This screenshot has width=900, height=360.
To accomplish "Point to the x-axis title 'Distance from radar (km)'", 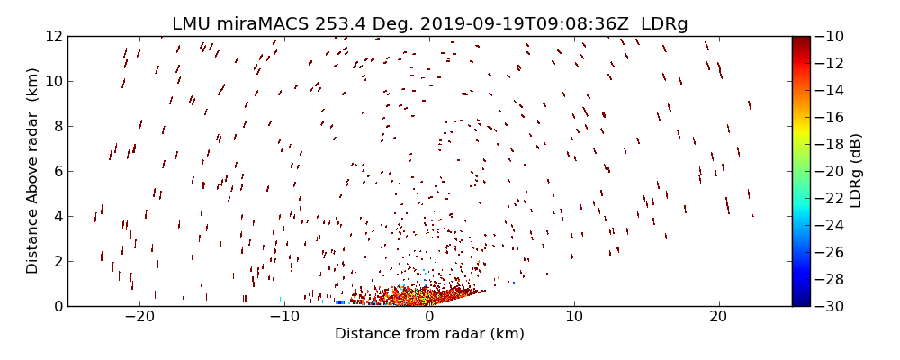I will tap(429, 334).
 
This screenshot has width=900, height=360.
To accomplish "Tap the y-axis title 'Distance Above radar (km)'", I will tap(33, 171).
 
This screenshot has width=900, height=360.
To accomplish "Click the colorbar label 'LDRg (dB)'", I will tap(856, 171).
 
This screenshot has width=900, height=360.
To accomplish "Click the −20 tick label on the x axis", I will tap(139, 317).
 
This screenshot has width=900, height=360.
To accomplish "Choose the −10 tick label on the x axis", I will tap(284, 317).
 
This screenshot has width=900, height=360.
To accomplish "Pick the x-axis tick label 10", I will tap(574, 317).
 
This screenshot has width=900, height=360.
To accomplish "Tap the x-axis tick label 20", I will tap(718, 317).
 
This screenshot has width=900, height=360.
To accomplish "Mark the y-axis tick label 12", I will tap(54, 36).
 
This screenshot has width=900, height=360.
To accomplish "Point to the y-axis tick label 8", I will tap(58, 126).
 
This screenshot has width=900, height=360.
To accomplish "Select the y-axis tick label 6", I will tap(58, 171).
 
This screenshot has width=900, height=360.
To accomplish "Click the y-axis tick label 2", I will tap(58, 261).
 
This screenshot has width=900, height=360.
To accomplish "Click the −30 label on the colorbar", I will tap(829, 306).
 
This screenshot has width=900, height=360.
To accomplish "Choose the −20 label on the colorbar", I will tap(829, 171).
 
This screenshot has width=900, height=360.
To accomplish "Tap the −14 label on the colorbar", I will tap(829, 90).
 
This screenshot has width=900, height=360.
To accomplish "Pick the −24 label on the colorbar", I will tap(829, 225).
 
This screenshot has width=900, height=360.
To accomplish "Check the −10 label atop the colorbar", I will tap(829, 36).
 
